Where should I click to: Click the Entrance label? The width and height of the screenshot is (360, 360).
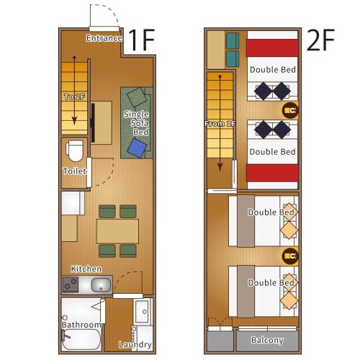tap(104, 37)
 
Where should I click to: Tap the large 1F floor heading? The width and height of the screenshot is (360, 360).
tap(142, 42)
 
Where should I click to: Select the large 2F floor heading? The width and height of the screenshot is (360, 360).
tap(321, 42)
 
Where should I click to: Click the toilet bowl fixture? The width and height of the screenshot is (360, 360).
tap(74, 151)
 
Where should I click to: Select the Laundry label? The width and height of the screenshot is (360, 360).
tap(135, 345)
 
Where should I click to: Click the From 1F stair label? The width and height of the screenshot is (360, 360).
tap(220, 124)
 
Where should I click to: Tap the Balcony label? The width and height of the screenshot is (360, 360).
tap(266, 340)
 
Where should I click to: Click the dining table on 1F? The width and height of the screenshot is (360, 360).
tap(117, 230)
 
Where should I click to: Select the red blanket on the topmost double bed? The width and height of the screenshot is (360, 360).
tap(272, 48)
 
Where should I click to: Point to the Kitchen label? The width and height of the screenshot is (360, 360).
tap(86, 269)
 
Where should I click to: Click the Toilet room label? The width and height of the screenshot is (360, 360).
tap(74, 171)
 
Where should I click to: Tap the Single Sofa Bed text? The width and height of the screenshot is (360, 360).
tap(136, 123)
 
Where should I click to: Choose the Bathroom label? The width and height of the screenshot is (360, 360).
tap(81, 325)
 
